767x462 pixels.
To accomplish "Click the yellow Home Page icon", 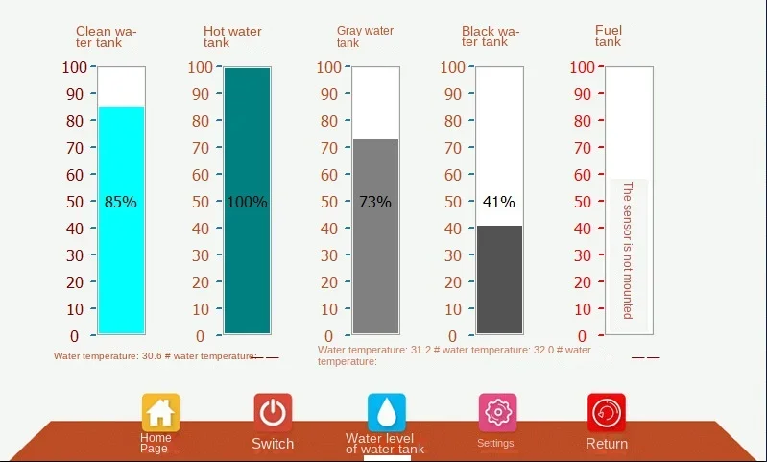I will (160, 413).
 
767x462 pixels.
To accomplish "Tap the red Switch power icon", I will (273, 412).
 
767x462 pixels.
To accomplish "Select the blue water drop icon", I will (386, 413).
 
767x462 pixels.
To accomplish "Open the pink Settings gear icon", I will (497, 413).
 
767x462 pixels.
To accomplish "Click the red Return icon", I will (607, 413).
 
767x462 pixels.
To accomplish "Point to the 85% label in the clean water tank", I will (121, 202).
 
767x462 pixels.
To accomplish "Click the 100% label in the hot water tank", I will (247, 202).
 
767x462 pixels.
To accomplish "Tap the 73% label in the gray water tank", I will (374, 202).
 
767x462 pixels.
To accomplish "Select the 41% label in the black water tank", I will (499, 202).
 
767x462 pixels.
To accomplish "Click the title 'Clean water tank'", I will (107, 36).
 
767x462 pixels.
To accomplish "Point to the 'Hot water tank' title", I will (232, 36).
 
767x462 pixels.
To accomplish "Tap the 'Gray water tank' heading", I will (365, 36).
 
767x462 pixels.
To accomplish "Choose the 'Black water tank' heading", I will (491, 36).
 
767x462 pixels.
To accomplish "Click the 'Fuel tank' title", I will (609, 36).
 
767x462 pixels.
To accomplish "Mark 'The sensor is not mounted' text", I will (628, 250).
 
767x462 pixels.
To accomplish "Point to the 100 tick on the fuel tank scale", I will (586, 67).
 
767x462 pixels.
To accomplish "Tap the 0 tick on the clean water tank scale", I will (75, 336).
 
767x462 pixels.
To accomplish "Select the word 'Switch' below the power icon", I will (273, 444).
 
